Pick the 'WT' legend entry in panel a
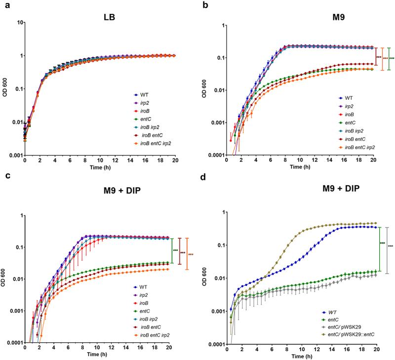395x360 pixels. click(137, 94)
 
